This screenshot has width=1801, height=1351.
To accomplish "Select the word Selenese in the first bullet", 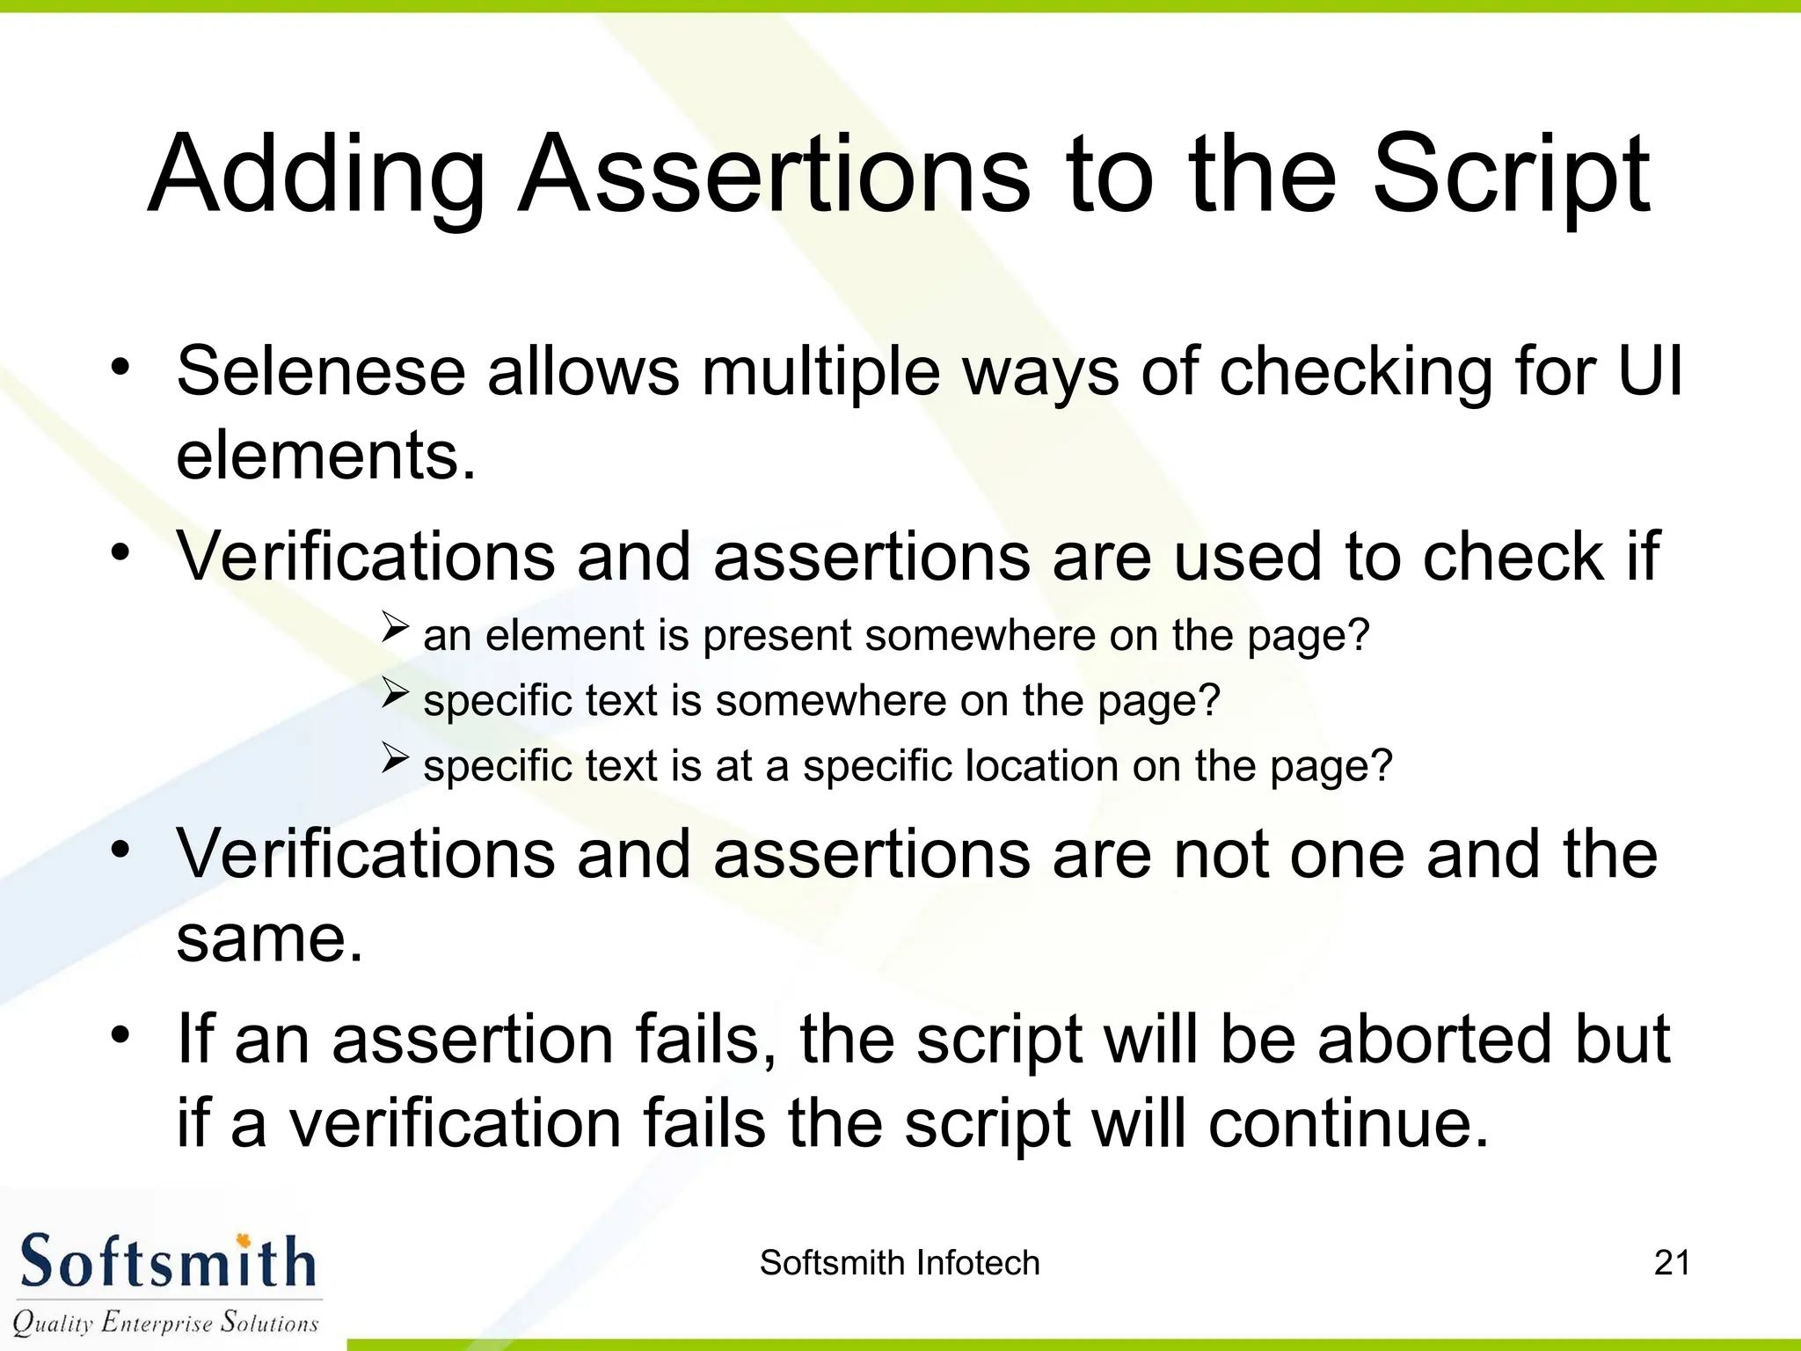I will [321, 370].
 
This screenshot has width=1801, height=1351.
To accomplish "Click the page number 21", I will [1672, 1263].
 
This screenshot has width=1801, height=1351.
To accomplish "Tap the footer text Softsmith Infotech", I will [900, 1263].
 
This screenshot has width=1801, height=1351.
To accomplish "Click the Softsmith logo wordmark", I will [167, 1262].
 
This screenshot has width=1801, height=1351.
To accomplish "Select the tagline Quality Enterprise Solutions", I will [165, 1322].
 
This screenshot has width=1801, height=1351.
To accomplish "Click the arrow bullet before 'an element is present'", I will [396, 627].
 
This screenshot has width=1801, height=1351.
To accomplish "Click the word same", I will [269, 939].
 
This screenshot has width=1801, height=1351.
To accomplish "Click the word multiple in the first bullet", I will [820, 370].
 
